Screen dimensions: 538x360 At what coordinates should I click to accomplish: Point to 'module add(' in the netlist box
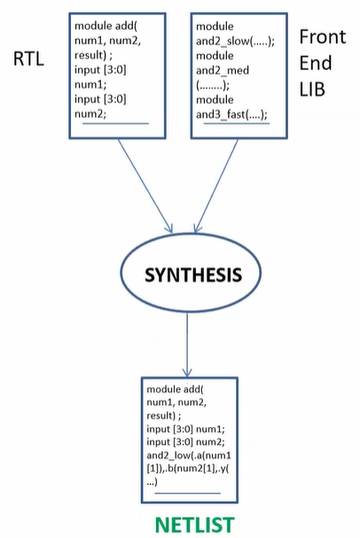[175, 391]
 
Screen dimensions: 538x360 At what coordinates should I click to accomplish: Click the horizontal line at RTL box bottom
[115, 124]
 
